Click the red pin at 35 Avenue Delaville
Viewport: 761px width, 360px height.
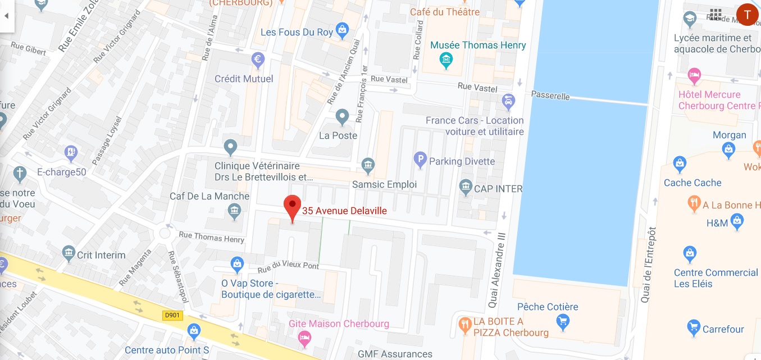tap(292, 207)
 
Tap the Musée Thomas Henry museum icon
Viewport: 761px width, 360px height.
tap(446, 59)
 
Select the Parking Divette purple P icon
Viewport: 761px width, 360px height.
tap(420, 161)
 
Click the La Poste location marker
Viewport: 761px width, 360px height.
tap(342, 117)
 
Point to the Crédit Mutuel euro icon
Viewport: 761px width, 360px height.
tap(258, 58)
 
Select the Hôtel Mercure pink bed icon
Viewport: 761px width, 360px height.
tap(695, 75)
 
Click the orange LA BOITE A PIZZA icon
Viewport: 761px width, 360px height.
tap(464, 324)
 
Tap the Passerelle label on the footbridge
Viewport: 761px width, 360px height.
tap(550, 95)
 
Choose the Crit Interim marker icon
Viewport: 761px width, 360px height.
tap(69, 254)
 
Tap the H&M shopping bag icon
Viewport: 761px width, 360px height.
tap(737, 222)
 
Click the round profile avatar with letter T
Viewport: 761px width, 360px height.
tap(748, 15)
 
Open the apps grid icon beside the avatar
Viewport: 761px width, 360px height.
tap(716, 15)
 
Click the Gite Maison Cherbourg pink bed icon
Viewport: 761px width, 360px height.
tap(304, 338)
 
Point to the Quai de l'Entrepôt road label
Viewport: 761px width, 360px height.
tap(649, 264)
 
